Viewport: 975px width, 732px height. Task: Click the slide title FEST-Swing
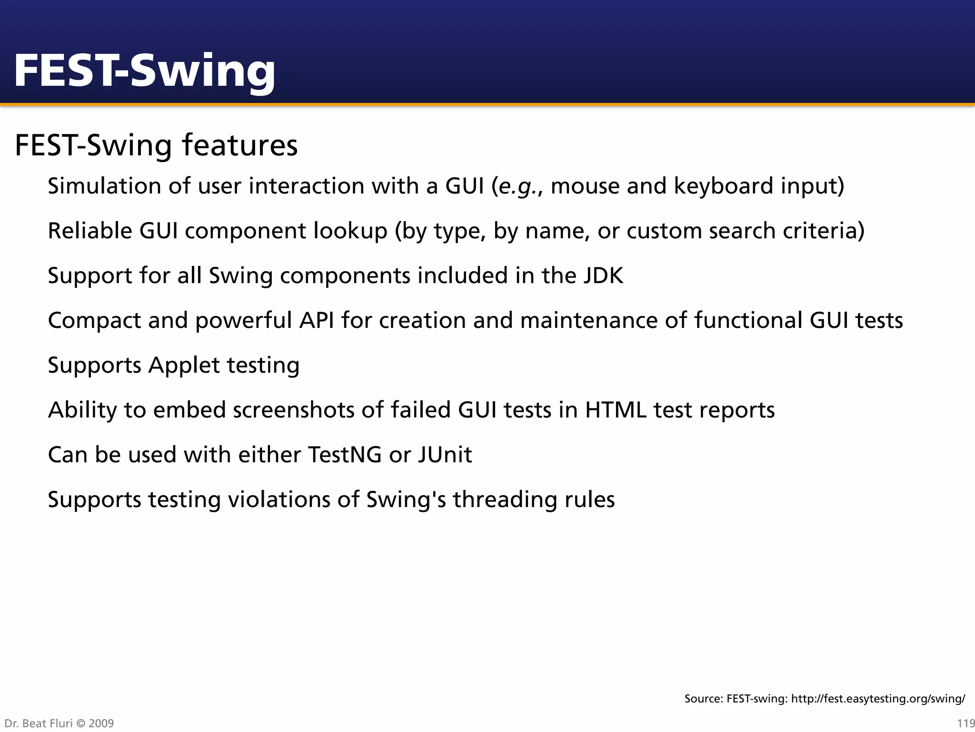tap(144, 71)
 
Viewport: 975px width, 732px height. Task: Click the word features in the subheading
tap(239, 145)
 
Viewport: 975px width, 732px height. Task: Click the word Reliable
tap(90, 231)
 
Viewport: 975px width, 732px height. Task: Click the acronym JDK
tap(603, 275)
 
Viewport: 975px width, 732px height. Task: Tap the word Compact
tap(94, 321)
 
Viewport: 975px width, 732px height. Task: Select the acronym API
tap(316, 320)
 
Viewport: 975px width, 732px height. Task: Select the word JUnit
tap(445, 455)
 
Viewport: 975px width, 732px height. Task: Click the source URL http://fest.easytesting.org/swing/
tap(878, 699)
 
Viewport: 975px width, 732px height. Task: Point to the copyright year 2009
tap(101, 723)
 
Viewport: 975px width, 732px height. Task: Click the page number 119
tap(965, 723)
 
